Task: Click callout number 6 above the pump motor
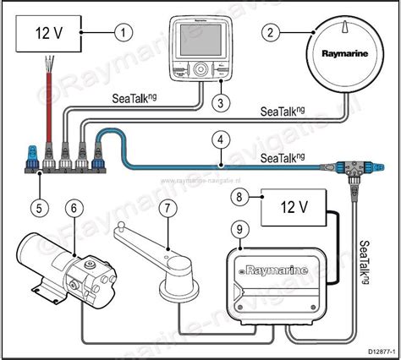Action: tap(74, 207)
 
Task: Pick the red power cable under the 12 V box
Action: tap(51, 102)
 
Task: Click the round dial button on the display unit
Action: tap(200, 70)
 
